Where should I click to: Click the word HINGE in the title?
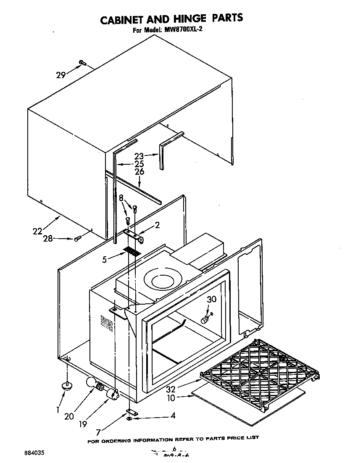(185, 18)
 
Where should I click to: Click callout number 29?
(61, 75)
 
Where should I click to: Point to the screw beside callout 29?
(82, 63)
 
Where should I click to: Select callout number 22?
(38, 231)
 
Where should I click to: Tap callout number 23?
(139, 155)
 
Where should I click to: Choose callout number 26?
(139, 171)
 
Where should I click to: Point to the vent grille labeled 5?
(132, 252)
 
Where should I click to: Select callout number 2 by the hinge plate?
(157, 225)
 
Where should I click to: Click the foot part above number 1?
(66, 384)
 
